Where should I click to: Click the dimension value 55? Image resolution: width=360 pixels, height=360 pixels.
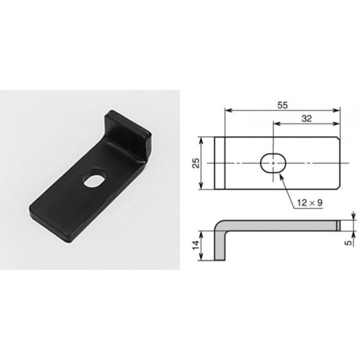click(x=283, y=105)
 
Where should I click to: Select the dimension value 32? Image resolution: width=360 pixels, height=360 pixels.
click(x=307, y=119)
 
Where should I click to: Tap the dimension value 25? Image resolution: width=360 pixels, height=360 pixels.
click(x=196, y=163)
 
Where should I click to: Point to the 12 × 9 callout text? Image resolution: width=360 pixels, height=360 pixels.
click(x=310, y=203)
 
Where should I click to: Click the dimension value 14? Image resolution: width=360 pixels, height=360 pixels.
click(x=196, y=245)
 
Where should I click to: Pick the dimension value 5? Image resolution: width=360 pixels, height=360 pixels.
click(x=349, y=242)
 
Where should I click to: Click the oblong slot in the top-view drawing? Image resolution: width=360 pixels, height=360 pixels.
click(x=273, y=162)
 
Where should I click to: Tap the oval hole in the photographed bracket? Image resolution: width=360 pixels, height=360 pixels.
click(x=95, y=181)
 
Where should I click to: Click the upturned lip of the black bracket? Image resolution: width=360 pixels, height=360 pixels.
click(x=127, y=134)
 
